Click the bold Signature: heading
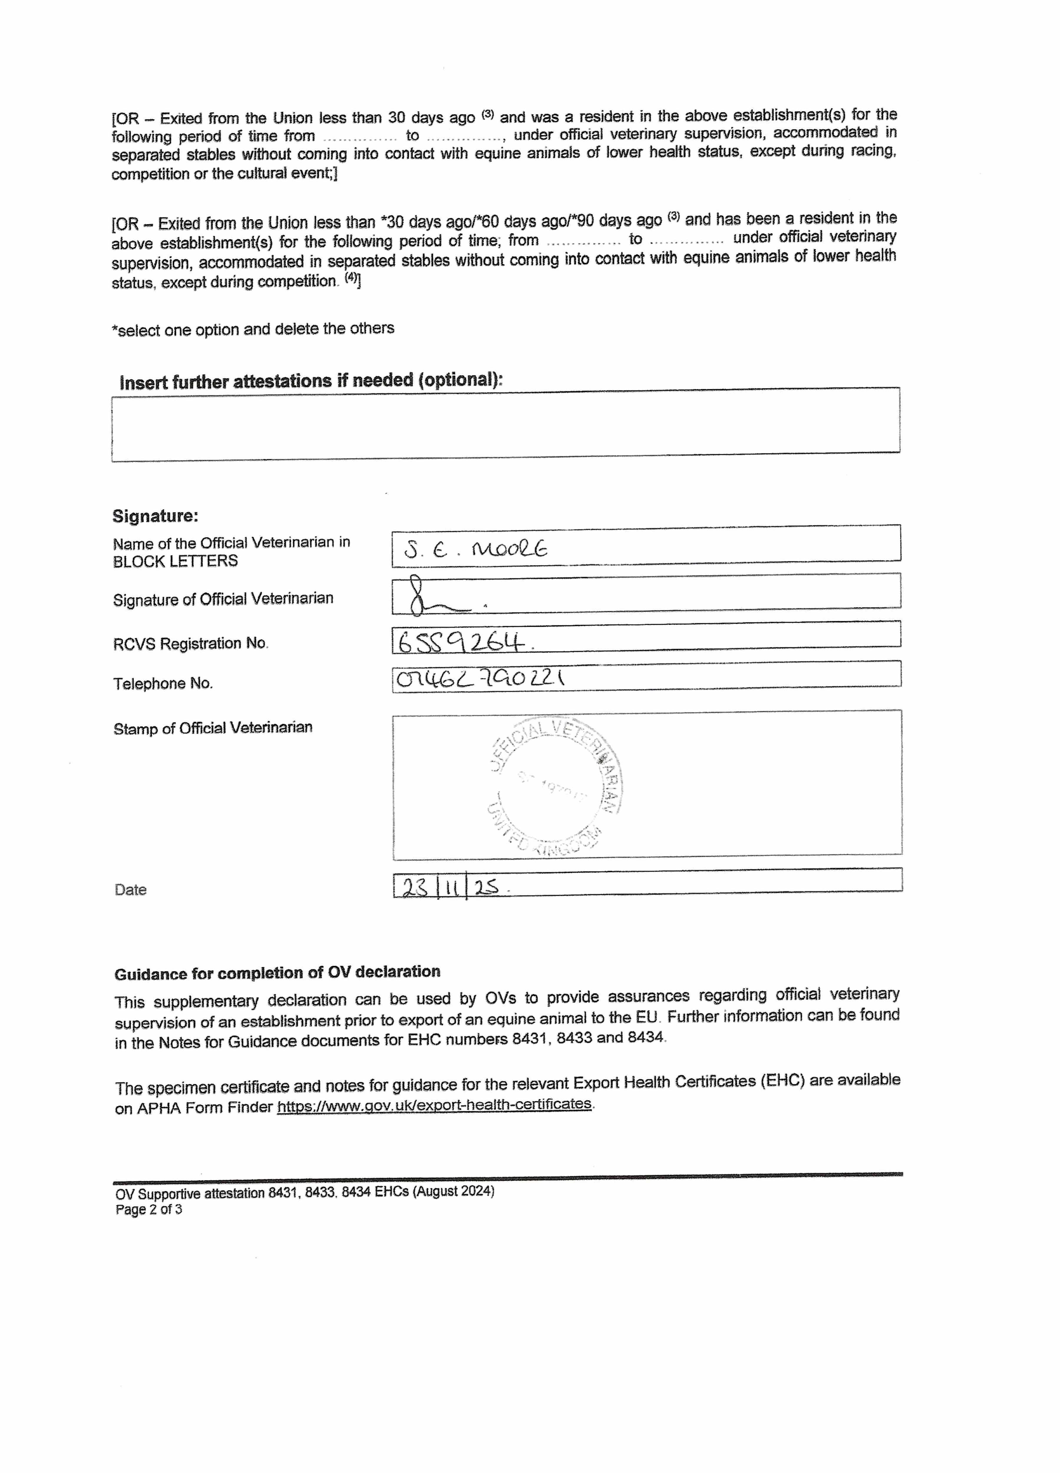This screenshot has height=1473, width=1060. tap(155, 516)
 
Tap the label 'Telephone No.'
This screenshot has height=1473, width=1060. tap(163, 683)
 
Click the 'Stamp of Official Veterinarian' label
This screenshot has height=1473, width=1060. tap(212, 728)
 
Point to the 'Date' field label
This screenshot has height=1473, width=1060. tap(131, 890)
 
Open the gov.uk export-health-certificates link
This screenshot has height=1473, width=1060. tap(434, 1104)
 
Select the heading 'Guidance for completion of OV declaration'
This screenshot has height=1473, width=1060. tap(277, 973)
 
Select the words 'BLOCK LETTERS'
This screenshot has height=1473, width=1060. tap(175, 561)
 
